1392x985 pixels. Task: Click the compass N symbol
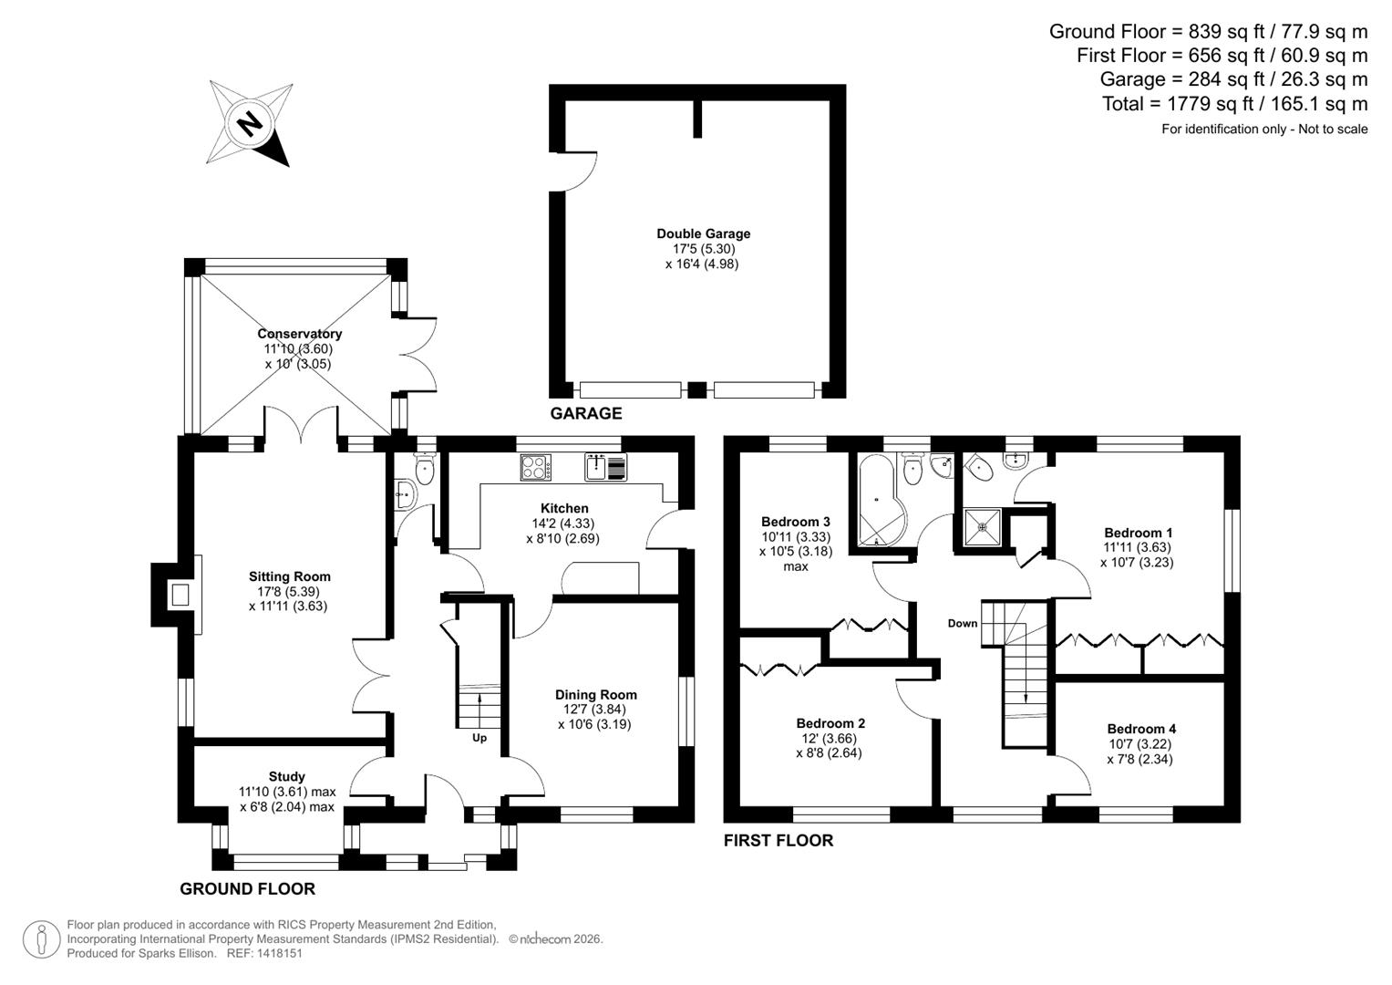point(249,122)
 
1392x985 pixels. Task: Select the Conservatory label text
point(299,334)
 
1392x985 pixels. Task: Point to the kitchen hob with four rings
point(535,468)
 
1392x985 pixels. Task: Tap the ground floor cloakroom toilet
point(425,469)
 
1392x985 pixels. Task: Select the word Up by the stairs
point(479,738)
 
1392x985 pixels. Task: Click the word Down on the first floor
point(962,624)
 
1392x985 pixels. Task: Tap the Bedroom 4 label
point(1140,729)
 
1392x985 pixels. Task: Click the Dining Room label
point(595,694)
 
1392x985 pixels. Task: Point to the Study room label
point(286,777)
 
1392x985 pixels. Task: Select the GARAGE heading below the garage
point(585,413)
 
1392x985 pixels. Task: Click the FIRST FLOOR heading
point(778,840)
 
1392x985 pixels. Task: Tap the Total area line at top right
point(1234,104)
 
